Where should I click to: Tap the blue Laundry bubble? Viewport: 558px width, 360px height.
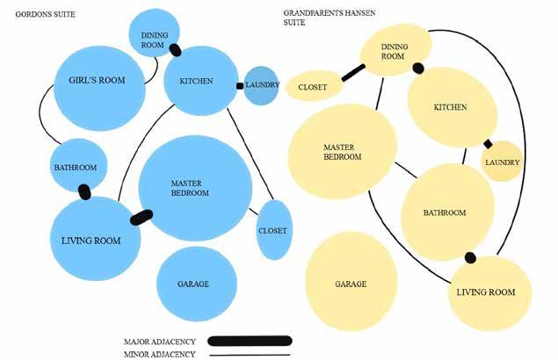pyautogui.click(x=261, y=85)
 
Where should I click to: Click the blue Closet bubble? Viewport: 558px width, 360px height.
pyautogui.click(x=272, y=230)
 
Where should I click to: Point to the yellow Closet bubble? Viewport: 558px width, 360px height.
pyautogui.click(x=313, y=86)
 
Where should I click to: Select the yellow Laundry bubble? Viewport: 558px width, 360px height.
pyautogui.click(x=503, y=162)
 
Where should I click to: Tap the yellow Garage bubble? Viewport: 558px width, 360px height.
pyautogui.click(x=351, y=283)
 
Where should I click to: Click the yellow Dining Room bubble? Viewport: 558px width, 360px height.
pyautogui.click(x=394, y=50)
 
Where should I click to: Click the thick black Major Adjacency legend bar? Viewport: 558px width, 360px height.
pyautogui.click(x=250, y=341)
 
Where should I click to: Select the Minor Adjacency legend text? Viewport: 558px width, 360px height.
pyautogui.click(x=159, y=355)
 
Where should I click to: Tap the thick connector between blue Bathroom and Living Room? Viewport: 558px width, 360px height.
pyautogui.click(x=84, y=191)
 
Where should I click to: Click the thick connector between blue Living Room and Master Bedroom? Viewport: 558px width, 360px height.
pyautogui.click(x=141, y=216)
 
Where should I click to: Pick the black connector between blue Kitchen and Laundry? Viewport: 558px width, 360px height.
pyautogui.click(x=240, y=85)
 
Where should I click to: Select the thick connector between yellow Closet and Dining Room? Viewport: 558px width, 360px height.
pyautogui.click(x=353, y=72)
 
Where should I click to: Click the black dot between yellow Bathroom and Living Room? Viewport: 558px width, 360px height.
pyautogui.click(x=470, y=257)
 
